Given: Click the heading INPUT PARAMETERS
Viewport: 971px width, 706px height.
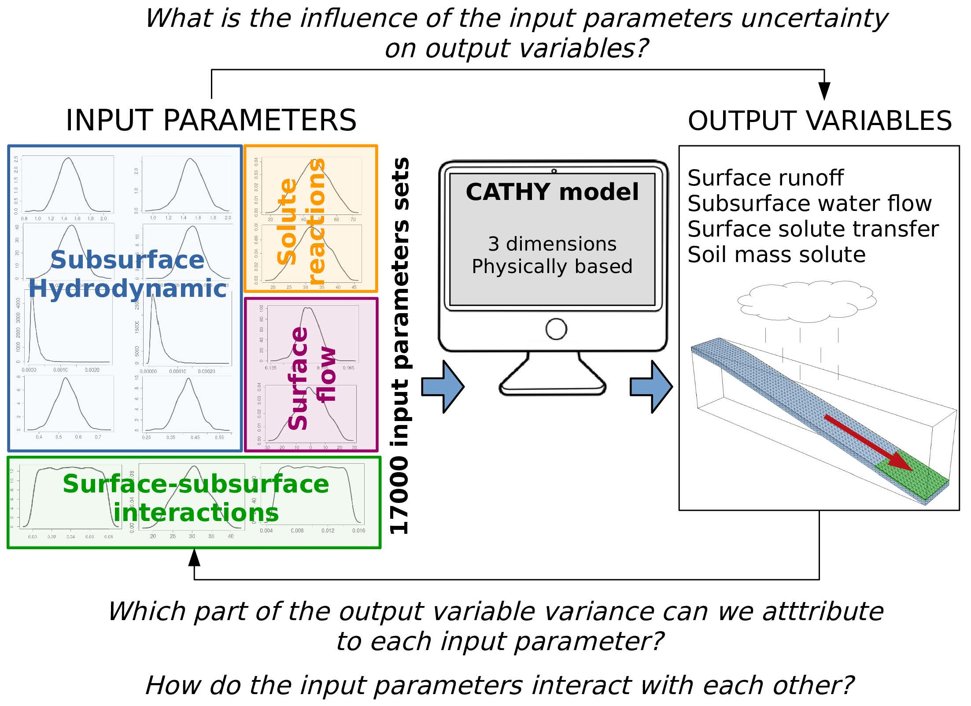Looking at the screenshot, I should point(211,120).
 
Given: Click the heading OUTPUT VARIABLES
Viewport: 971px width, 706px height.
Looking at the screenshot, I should point(820,121).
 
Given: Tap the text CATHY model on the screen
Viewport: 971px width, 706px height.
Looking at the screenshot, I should point(552,192).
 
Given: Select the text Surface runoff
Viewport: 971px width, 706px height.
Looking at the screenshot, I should point(765,178).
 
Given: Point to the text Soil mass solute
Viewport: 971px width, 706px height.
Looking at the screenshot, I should point(776,255).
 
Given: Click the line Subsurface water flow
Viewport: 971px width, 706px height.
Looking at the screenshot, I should point(809,204).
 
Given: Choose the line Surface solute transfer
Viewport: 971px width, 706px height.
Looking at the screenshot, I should point(813,229).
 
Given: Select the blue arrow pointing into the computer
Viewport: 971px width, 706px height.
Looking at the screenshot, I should point(443,387).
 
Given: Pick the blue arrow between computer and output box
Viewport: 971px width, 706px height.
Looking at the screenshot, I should point(651,387).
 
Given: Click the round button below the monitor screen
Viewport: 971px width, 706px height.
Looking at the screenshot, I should point(556,329).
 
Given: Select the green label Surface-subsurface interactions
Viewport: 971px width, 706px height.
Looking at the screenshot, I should point(196,498).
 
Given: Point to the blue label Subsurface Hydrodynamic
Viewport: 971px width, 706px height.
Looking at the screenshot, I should point(127,274).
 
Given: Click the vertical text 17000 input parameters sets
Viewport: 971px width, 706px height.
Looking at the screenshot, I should point(400,346).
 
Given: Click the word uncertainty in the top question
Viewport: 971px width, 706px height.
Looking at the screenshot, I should point(814,18).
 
